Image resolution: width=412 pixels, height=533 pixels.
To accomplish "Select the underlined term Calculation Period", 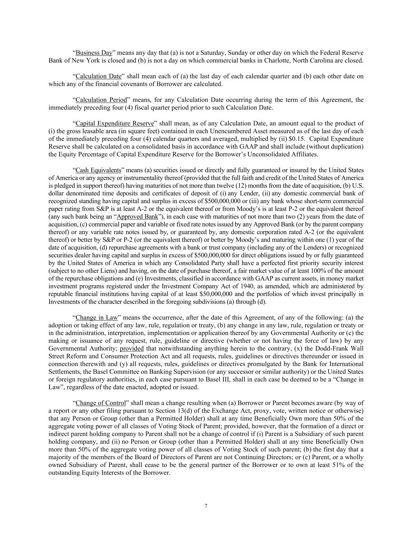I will tap(101, 100).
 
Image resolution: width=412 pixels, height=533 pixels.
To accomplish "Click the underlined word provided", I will tap(132, 348).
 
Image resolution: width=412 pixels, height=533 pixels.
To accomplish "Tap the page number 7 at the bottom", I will tap(206, 506).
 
